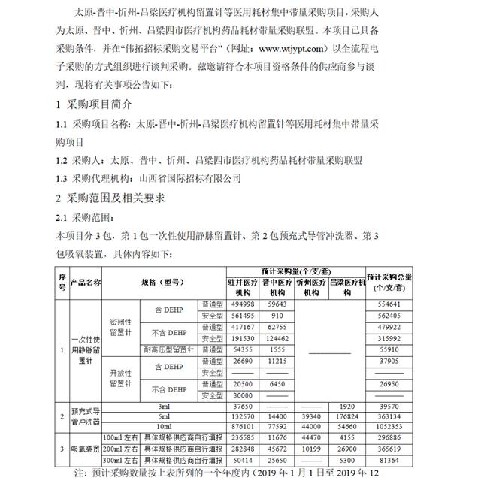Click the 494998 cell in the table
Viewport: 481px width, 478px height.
242,304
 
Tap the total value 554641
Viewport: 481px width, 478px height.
395,304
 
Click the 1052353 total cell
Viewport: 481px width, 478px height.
395,425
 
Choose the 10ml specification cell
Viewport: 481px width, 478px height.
163,425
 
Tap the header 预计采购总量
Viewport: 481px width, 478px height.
395,280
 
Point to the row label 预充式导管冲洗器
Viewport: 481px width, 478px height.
85,414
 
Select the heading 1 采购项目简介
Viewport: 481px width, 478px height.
97,104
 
